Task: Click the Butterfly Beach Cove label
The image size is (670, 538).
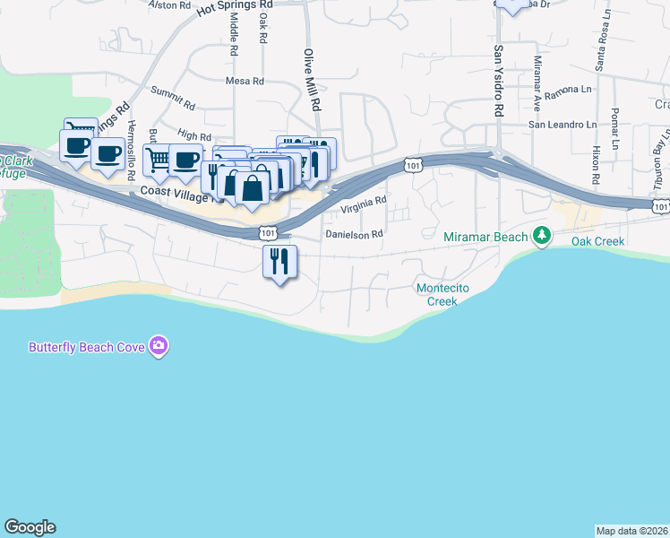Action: coord(88,346)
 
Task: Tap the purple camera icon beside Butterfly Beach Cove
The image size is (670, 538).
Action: coord(159,345)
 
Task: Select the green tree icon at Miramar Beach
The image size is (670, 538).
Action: coord(541,236)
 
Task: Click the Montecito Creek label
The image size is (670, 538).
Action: coord(437,294)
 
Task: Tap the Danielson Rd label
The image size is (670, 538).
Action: coord(354,233)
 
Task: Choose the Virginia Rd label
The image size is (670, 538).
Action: coord(363,206)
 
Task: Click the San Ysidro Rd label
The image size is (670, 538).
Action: coord(499,81)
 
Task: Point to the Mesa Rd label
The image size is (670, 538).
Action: coord(245,81)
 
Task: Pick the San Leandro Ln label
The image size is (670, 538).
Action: coord(562,125)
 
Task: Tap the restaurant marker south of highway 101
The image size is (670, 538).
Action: coord(279,261)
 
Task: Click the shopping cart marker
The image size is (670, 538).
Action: coord(158,161)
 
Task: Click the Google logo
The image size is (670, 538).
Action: coord(30,527)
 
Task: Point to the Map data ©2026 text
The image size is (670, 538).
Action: coord(632,530)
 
